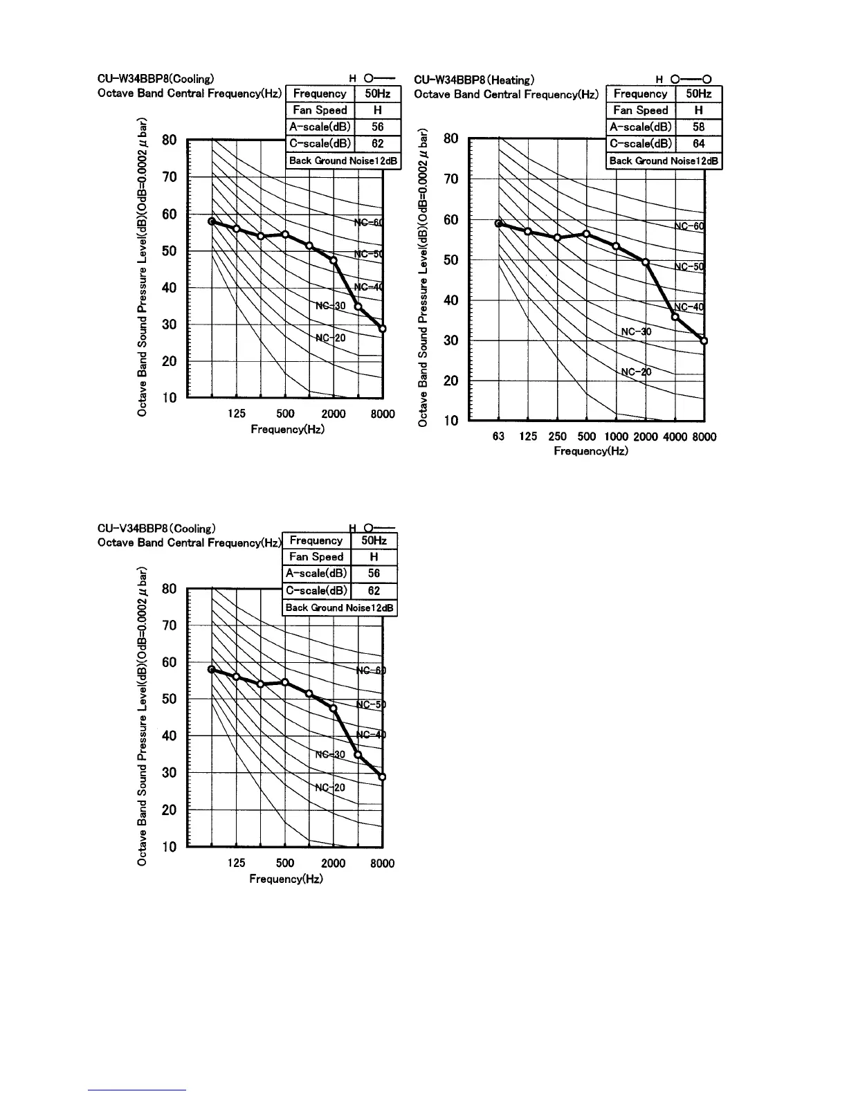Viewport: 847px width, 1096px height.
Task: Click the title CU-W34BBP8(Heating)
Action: (x=473, y=80)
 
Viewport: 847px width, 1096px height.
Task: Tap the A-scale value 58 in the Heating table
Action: (x=698, y=127)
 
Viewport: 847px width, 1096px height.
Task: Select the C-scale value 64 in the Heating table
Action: (x=698, y=144)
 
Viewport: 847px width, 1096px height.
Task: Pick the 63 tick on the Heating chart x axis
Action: (x=498, y=437)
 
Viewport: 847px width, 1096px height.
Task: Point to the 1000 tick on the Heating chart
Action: (x=616, y=437)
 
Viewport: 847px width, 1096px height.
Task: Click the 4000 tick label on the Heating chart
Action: (x=675, y=437)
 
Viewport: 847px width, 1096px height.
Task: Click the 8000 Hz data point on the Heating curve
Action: (x=704, y=340)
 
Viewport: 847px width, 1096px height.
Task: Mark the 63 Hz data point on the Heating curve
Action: (x=498, y=223)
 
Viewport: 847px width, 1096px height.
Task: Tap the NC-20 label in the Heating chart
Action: (x=636, y=372)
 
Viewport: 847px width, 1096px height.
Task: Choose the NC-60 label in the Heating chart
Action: (x=689, y=226)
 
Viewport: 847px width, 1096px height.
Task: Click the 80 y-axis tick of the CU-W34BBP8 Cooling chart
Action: (x=169, y=140)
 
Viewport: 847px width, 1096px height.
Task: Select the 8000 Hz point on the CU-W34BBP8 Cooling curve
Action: (x=382, y=328)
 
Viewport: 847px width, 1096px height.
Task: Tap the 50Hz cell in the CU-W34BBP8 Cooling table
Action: (x=377, y=93)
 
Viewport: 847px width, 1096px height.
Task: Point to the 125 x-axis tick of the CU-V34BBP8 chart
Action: (x=236, y=863)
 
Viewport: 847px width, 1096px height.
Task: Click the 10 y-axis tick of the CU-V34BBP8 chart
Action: (x=169, y=846)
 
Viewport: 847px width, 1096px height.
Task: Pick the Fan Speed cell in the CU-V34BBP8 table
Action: (x=316, y=556)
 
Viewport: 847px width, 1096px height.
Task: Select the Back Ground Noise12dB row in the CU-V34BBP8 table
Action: (x=340, y=608)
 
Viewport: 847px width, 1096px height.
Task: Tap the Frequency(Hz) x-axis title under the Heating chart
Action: (x=590, y=451)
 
